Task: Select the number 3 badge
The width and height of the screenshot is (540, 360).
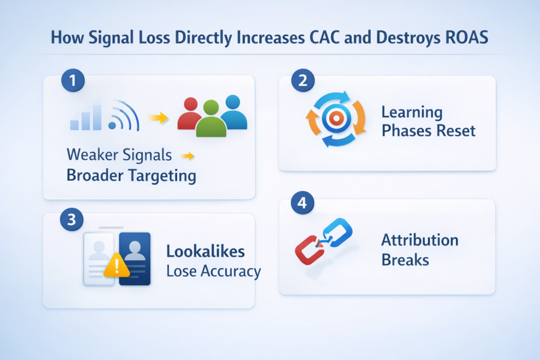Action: pos(72,219)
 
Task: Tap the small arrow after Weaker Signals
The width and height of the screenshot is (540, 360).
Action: pos(187,155)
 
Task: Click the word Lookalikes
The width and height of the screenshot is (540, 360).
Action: pos(205,251)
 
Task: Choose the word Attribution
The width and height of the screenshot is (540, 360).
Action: pos(419,240)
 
